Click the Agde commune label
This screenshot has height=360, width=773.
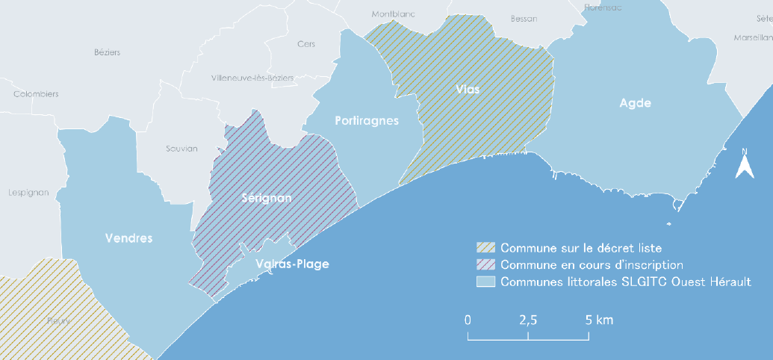click(x=635, y=103)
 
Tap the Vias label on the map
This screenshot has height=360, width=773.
click(x=467, y=89)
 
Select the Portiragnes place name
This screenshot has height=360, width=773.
click(x=367, y=121)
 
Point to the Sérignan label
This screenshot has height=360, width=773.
click(x=267, y=198)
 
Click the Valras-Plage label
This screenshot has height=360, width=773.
click(x=292, y=264)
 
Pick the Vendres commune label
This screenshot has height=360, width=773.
click(x=128, y=239)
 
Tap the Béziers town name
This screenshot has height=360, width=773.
click(x=108, y=52)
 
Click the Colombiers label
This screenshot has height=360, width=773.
click(x=36, y=94)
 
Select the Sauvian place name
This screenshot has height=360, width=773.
click(x=181, y=149)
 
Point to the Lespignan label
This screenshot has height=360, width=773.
click(x=28, y=192)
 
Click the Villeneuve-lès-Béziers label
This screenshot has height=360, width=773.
click(x=252, y=78)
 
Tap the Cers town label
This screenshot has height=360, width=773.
click(x=306, y=44)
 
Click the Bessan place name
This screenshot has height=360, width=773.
click(x=524, y=19)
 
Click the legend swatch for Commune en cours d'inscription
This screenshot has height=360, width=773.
click(x=486, y=264)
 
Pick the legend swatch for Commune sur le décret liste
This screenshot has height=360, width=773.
click(x=486, y=247)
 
